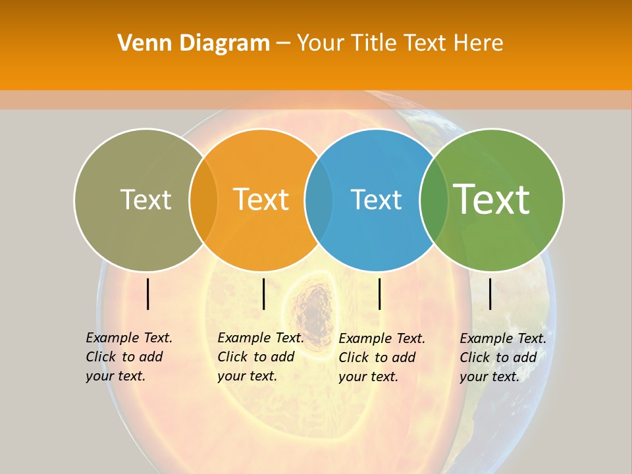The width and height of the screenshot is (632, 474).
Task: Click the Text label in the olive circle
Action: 145,199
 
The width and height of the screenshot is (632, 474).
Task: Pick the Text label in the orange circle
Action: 261,199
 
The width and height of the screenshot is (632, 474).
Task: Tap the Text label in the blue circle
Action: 376,199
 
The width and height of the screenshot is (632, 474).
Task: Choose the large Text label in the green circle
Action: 492,199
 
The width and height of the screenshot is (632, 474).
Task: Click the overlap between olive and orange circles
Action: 203,199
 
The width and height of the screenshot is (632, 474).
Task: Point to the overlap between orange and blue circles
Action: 319,199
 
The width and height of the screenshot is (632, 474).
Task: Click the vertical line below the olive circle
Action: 148,294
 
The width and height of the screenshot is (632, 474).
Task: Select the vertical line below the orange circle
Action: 263,294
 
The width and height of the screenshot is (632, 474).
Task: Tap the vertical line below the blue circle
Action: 379,294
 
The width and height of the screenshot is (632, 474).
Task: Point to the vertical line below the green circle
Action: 490,294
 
